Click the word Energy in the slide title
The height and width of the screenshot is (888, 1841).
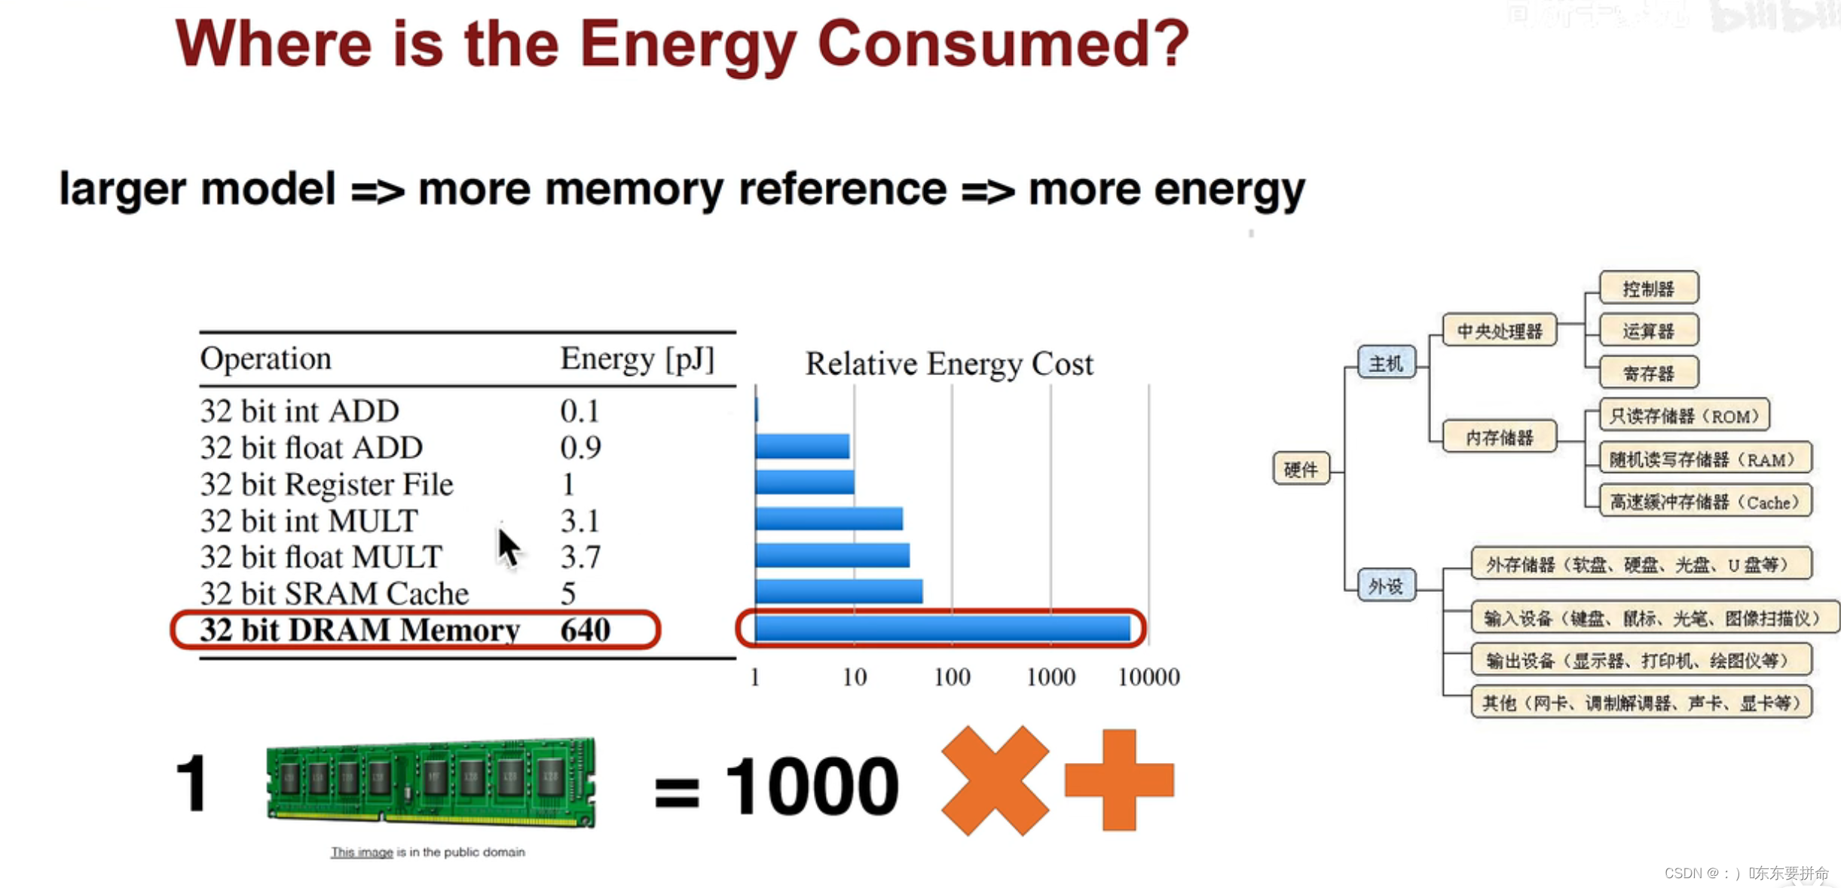point(687,45)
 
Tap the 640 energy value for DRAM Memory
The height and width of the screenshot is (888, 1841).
point(585,630)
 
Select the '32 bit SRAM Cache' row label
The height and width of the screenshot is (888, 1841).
point(334,594)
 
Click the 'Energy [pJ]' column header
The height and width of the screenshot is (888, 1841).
point(637,359)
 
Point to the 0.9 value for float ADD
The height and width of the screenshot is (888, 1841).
point(580,448)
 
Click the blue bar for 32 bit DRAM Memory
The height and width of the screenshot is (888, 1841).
point(942,628)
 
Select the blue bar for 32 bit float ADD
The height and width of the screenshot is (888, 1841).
point(802,447)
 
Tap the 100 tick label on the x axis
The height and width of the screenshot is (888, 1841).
point(952,677)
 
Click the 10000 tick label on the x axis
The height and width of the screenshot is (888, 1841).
point(1148,677)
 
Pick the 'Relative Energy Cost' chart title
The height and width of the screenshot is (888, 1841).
point(949,365)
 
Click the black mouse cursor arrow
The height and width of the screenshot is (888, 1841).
point(508,545)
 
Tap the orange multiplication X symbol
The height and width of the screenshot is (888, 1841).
point(995,780)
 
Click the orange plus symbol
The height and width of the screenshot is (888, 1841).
point(1119,780)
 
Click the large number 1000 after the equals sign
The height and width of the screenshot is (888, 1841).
point(812,786)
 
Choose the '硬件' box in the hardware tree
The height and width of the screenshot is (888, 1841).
point(1301,469)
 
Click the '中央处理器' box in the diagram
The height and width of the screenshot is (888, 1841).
point(1499,331)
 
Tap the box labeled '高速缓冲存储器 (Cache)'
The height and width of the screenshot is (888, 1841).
point(1704,502)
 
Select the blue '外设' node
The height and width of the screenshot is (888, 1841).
point(1386,585)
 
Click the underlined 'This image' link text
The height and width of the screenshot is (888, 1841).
point(362,852)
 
